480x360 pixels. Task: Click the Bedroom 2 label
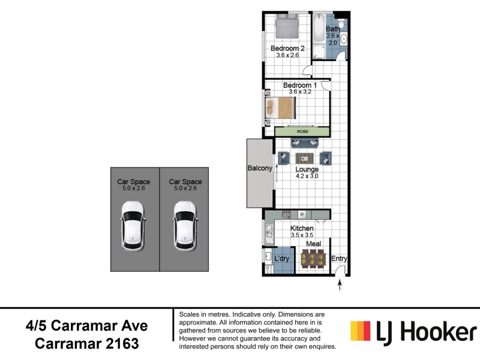coord(287,49)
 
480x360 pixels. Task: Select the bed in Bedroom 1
coord(281,108)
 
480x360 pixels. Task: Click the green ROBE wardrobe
coord(302,131)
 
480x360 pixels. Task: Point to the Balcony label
coord(260,169)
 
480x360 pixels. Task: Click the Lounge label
coord(307,169)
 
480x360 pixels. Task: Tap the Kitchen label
coord(302,229)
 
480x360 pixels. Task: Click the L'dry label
coord(282,259)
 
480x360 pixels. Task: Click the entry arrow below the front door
coord(340,286)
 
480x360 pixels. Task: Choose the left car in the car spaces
coord(133,225)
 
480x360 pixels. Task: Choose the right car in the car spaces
coord(185,225)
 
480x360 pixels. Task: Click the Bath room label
coord(332,29)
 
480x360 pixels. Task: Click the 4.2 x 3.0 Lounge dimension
coord(307,176)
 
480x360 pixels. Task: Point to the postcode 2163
coord(120,344)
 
